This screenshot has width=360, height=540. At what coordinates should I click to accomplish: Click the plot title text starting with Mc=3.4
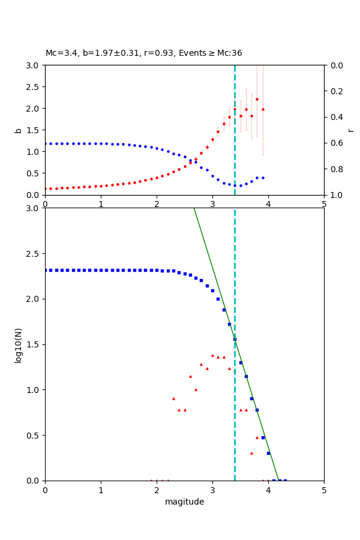click(x=143, y=53)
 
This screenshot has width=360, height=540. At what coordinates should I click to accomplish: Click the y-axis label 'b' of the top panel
click(x=18, y=130)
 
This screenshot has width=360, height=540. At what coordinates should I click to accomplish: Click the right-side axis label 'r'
click(x=350, y=130)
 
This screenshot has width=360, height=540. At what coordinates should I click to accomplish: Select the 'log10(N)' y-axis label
click(x=18, y=344)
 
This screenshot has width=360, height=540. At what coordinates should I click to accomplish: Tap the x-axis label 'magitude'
click(x=184, y=502)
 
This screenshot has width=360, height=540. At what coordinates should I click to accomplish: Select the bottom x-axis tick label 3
click(x=212, y=490)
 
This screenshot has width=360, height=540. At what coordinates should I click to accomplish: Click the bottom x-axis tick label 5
click(x=324, y=490)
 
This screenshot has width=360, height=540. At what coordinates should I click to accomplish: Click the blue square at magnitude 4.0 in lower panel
click(x=268, y=453)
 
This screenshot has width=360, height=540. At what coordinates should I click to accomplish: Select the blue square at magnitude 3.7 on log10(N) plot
click(x=251, y=398)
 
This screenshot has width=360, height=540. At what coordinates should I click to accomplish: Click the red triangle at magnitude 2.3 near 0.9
click(x=173, y=398)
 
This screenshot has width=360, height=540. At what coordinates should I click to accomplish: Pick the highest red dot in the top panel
click(x=257, y=99)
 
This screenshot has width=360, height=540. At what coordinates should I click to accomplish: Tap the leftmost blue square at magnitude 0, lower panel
click(x=46, y=270)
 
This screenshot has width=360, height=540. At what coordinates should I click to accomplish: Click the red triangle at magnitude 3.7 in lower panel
click(x=251, y=453)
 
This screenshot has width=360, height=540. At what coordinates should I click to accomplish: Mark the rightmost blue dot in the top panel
click(x=263, y=178)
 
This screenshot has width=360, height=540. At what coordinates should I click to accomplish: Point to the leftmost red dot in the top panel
click(x=46, y=188)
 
